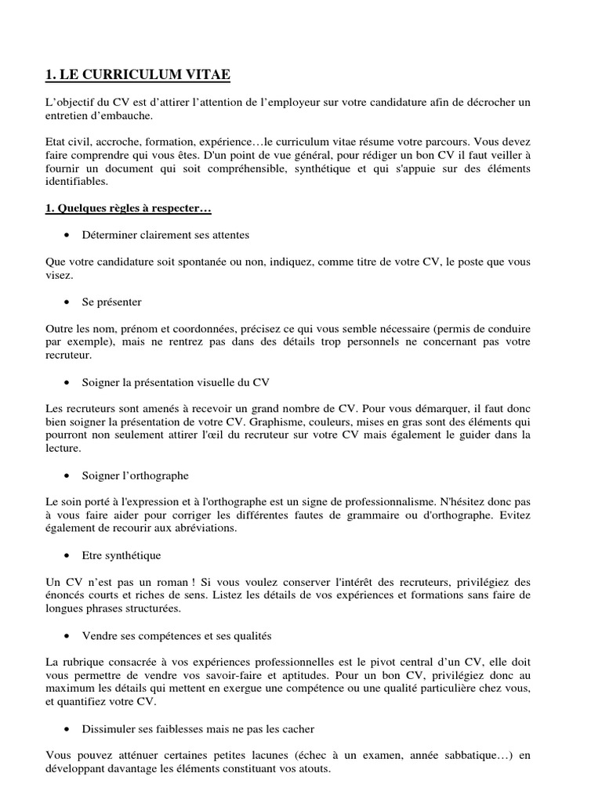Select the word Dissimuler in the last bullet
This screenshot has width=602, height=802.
108,729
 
